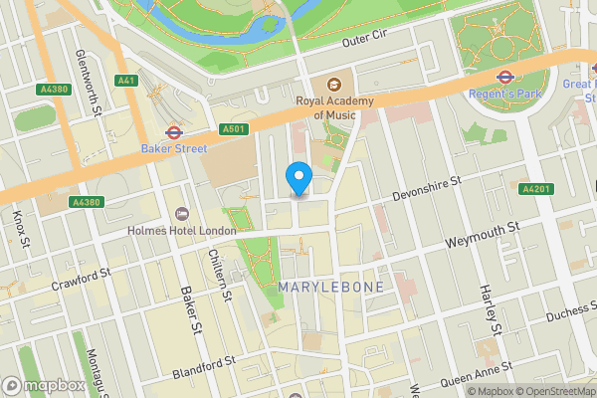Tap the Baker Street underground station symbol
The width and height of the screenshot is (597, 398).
(173, 130)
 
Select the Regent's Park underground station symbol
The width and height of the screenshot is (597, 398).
(503, 76)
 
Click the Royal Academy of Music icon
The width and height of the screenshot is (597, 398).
(331, 83)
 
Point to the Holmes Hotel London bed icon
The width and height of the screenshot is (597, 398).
(181, 214)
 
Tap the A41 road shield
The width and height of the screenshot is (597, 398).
(125, 80)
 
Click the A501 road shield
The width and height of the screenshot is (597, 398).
(232, 129)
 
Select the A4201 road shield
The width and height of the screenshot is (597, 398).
(534, 189)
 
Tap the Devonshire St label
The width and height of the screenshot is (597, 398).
(427, 188)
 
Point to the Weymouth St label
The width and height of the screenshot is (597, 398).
(483, 235)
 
